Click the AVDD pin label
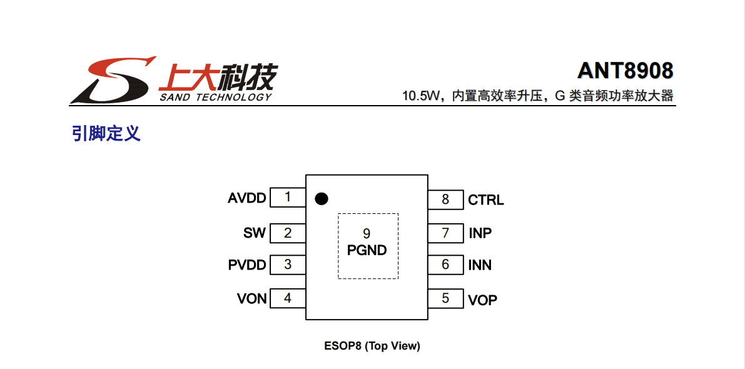click(247, 198)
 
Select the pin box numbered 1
click(287, 198)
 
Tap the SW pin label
click(255, 233)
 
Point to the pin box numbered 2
click(287, 233)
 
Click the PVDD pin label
click(247, 265)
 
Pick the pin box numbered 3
click(287, 265)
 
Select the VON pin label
click(251, 298)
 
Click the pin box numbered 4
click(287, 298)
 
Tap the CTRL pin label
click(486, 200)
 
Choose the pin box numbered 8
click(445, 200)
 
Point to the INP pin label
click(480, 233)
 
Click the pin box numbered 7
click(445, 233)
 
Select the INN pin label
click(480, 265)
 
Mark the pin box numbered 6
click(445, 265)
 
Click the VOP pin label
click(483, 300)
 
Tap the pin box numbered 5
click(445, 298)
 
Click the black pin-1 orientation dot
click(321, 199)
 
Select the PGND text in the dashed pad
click(367, 251)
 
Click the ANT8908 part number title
click(626, 71)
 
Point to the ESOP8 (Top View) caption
click(372, 346)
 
